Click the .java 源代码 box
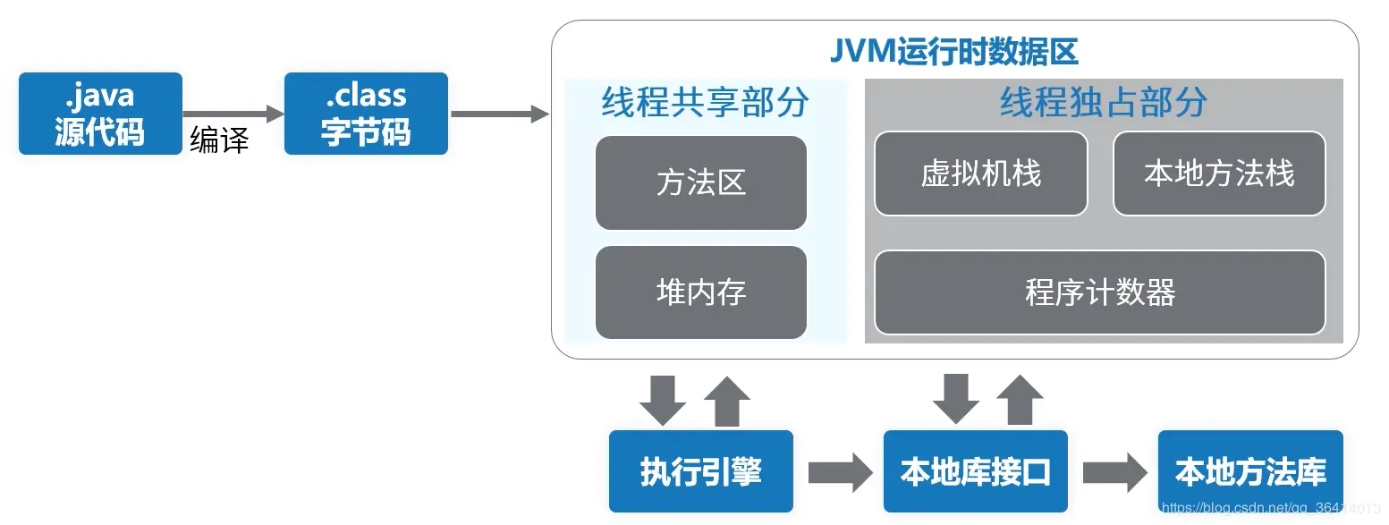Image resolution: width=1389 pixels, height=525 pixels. tap(100, 114)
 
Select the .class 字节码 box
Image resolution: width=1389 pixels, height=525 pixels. tap(366, 114)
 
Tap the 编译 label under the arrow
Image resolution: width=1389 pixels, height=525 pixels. tap(219, 140)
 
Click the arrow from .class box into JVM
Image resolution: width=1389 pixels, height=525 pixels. tap(499, 114)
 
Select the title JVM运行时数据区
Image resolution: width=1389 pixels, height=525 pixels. tap(953, 52)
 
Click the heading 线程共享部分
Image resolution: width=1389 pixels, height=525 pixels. tap(705, 103)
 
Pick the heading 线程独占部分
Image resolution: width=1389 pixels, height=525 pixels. tap(1103, 103)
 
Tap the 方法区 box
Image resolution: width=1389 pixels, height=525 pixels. tap(701, 183)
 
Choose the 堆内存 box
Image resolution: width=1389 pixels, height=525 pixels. tap(701, 292)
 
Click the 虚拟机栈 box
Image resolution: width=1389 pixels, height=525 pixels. tap(981, 174)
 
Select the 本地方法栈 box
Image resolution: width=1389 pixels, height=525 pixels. tap(1219, 174)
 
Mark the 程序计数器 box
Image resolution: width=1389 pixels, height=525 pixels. tap(1100, 292)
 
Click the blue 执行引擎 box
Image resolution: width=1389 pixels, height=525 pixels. tap(701, 471)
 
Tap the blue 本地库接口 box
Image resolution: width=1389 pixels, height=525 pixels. tap(976, 471)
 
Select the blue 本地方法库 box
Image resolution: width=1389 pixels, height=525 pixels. tap(1250, 471)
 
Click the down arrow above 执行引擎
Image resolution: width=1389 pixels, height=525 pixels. tap(663, 400)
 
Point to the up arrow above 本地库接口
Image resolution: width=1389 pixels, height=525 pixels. tap(1020, 400)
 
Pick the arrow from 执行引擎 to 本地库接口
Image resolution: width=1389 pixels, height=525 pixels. tap(839, 472)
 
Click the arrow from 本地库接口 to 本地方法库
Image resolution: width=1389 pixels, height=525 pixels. tap(1114, 472)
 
